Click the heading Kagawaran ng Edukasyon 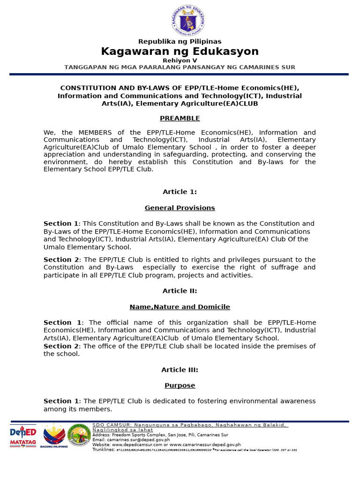(180, 52)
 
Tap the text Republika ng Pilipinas (180, 42)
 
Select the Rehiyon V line (180, 60)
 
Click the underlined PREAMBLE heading (180, 118)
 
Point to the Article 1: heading (180, 192)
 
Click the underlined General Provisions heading (180, 208)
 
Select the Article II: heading (180, 291)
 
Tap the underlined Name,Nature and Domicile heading (180, 307)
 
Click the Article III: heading (180, 370)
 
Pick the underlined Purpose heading (180, 385)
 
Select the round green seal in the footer (80, 435)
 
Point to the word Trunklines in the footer (104, 450)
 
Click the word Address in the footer (102, 435)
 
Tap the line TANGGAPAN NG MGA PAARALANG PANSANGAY (180, 67)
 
